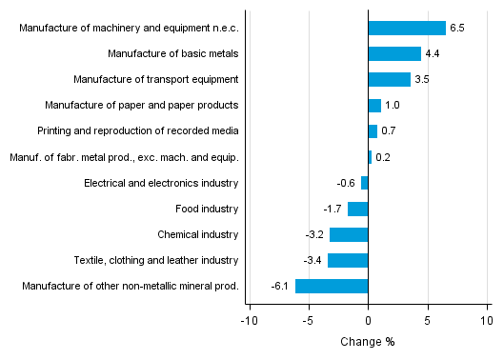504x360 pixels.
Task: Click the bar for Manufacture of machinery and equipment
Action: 407,28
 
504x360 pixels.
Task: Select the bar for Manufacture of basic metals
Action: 394,53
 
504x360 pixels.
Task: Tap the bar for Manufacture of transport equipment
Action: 389,79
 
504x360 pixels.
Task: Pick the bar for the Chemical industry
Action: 349,234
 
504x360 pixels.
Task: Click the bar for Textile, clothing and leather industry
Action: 348,260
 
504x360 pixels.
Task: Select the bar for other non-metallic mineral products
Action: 332,286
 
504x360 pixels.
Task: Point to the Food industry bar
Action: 358,209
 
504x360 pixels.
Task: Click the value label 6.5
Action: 456,28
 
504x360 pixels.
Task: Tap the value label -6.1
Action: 279,286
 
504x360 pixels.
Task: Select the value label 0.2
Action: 382,157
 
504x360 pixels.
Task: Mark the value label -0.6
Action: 347,183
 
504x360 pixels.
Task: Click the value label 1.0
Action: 392,105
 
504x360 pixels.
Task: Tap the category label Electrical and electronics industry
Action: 161,183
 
